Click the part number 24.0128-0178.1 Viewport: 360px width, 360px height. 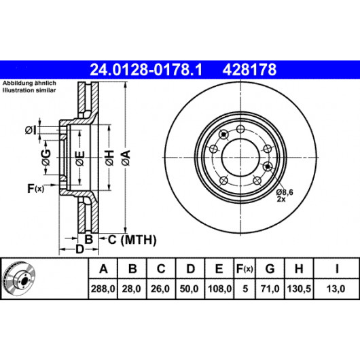coord(146,69)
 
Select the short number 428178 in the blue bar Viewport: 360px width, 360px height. coord(249,69)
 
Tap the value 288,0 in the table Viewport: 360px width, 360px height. coord(103,289)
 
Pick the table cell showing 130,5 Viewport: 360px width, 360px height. coord(299,289)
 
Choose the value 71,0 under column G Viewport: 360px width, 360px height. coord(270,289)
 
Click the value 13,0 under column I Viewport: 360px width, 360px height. coord(336,289)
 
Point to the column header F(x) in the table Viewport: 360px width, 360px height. coord(245,268)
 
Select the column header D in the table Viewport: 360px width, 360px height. coord(190,268)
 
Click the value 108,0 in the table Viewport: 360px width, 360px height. coord(219,289)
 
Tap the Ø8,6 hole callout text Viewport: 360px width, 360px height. coord(285,192)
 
